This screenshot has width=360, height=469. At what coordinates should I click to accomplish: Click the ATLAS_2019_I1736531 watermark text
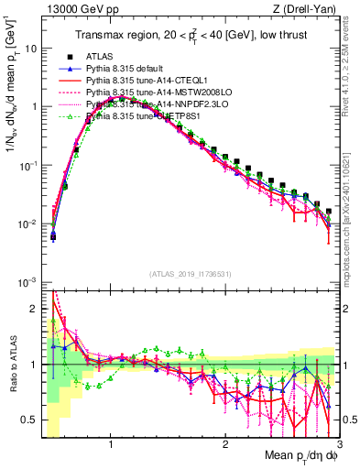click(x=191, y=274)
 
